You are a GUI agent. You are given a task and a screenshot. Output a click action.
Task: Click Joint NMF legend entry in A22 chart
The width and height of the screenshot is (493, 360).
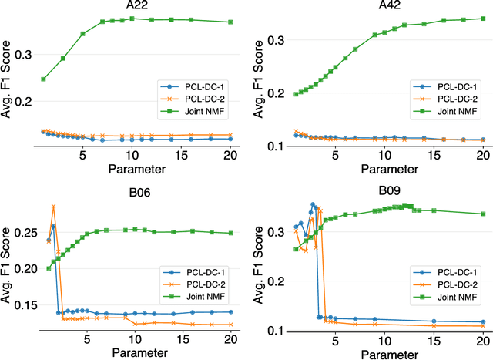pyautogui.click(x=199, y=113)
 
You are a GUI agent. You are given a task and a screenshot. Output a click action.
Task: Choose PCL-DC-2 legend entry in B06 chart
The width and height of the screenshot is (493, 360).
pyautogui.click(x=199, y=284)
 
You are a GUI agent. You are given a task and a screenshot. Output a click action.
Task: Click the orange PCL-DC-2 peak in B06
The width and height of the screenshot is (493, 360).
pyautogui.click(x=53, y=207)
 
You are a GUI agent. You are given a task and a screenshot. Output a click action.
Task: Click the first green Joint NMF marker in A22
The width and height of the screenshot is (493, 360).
pyautogui.click(x=43, y=79)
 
